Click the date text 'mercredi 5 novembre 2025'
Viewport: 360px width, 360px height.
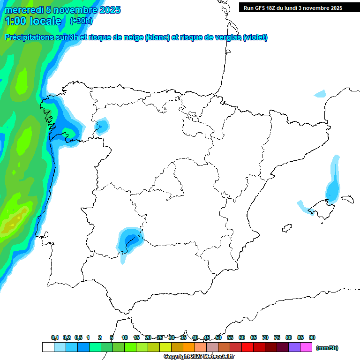pyautogui.click(x=62, y=10)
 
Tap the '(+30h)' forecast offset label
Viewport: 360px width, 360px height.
pyautogui.click(x=81, y=21)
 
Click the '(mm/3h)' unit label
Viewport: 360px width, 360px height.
pyautogui.click(x=327, y=348)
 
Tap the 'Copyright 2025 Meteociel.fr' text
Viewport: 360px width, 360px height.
pyautogui.click(x=199, y=357)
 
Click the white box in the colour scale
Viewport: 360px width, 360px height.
pyautogui.click(x=48, y=347)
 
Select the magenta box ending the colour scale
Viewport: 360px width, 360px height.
pyautogui.click(x=306, y=347)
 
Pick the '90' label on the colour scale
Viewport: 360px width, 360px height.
pyautogui.click(x=312, y=337)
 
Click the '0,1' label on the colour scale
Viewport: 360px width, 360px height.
pyautogui.click(x=55, y=337)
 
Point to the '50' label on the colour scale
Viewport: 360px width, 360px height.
pyautogui.click(x=218, y=337)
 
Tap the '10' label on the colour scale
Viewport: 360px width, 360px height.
pyautogui.click(x=125, y=337)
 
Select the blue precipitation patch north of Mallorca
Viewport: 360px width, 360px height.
pyautogui.click(x=333, y=187)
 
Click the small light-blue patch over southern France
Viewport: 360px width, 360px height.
pyautogui.click(x=320, y=93)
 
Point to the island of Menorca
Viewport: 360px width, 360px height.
pyautogui.click(x=347, y=199)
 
